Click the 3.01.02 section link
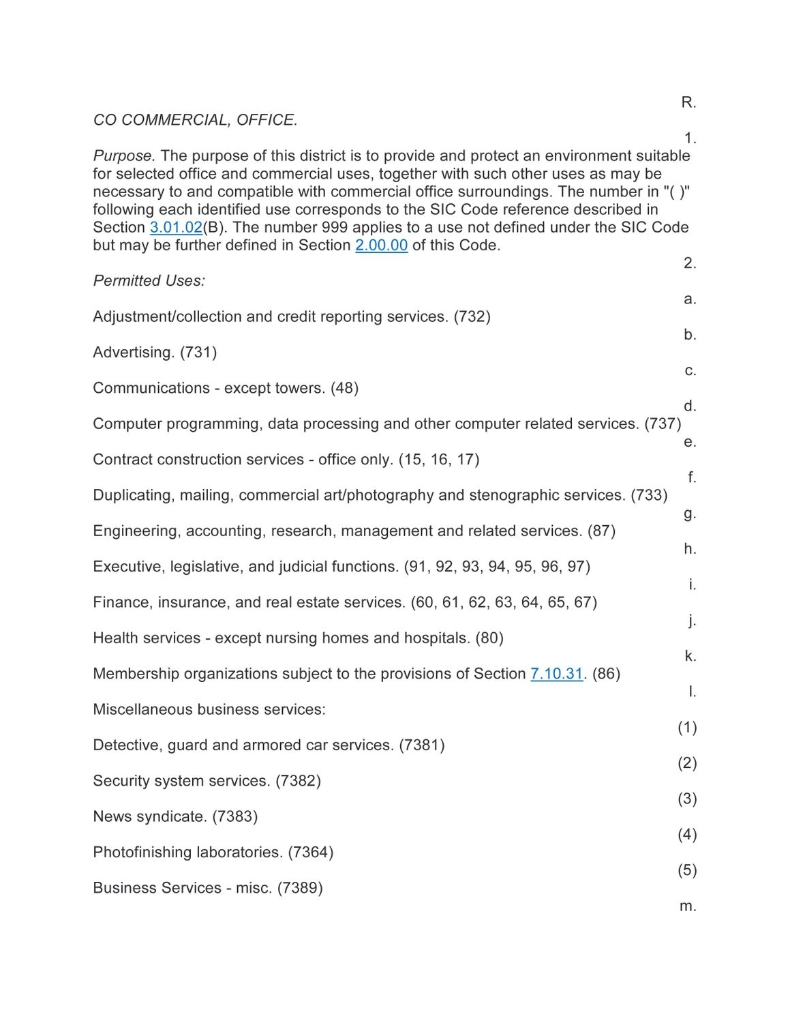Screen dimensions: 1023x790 pyautogui.click(x=176, y=227)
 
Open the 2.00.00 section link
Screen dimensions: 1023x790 pyautogui.click(x=381, y=245)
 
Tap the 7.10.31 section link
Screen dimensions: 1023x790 pyautogui.click(x=556, y=674)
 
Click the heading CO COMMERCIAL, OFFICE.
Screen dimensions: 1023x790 pyautogui.click(x=195, y=120)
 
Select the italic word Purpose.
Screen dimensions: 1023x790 pyautogui.click(x=124, y=155)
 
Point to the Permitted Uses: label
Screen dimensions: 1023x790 pyautogui.click(x=149, y=280)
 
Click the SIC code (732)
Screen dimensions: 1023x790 pyautogui.click(x=472, y=316)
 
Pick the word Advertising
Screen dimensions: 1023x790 pyautogui.click(x=134, y=352)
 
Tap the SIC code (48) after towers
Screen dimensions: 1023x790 pyautogui.click(x=344, y=388)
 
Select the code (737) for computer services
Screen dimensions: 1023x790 pyautogui.click(x=663, y=424)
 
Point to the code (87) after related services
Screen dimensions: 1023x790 pyautogui.click(x=601, y=531)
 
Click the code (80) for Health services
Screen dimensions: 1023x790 pyautogui.click(x=489, y=638)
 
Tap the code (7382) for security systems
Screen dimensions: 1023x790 pyautogui.click(x=298, y=781)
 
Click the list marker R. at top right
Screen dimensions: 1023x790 pyautogui.click(x=688, y=102)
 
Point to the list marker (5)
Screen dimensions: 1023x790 pyautogui.click(x=687, y=870)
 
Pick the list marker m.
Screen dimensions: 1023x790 pyautogui.click(x=688, y=906)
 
